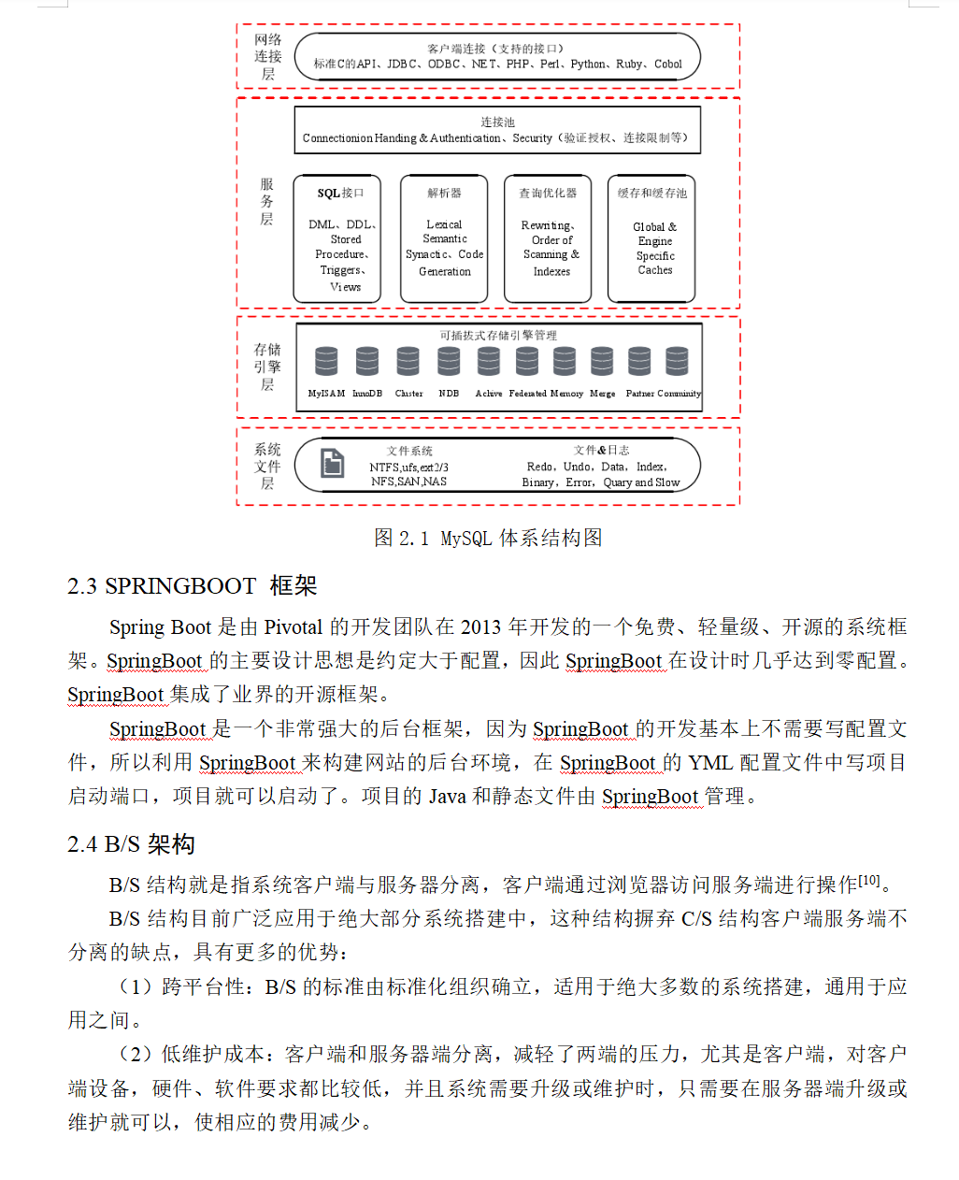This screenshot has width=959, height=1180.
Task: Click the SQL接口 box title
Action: [x=340, y=194]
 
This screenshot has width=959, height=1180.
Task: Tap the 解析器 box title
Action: [x=444, y=194]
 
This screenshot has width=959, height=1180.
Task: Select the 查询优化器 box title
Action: [x=548, y=194]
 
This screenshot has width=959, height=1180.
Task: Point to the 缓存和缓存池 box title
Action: [x=651, y=194]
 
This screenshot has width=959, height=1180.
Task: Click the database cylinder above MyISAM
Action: [x=326, y=361]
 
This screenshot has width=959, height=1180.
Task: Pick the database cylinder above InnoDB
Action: [x=367, y=361]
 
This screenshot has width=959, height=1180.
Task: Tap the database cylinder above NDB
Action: [x=449, y=361]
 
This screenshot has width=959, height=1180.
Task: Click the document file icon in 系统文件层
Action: [x=333, y=463]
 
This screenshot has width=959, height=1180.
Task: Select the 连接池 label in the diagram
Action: [x=497, y=122]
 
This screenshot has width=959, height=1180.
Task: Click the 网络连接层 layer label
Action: [x=268, y=56]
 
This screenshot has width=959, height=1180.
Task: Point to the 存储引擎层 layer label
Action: [x=267, y=367]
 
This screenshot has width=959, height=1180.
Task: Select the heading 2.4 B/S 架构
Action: [x=131, y=844]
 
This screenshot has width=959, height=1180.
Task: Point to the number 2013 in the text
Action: [x=480, y=626]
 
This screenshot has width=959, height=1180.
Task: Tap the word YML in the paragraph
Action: [x=710, y=762]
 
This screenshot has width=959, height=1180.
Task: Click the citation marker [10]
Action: [x=869, y=880]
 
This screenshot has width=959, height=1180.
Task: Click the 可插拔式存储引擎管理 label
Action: [x=498, y=335]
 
